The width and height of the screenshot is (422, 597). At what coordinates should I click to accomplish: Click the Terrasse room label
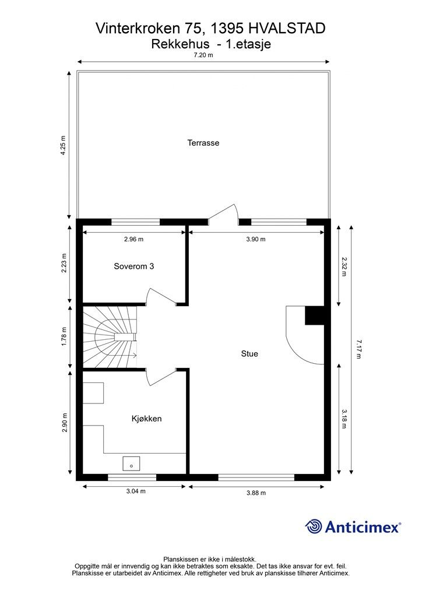pos(203,142)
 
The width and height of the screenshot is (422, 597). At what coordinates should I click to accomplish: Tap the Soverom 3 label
pos(133,266)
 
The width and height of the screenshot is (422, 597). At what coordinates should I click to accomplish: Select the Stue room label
pos(249,353)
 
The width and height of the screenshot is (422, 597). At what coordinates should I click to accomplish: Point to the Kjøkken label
pos(146,419)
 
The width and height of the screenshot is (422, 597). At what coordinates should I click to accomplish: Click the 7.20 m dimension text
pos(203,55)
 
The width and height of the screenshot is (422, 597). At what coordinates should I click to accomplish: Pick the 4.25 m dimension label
pos(64,144)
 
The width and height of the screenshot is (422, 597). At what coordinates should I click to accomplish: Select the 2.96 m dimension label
pos(133,239)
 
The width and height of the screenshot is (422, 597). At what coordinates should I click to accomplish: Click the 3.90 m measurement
pos(255,239)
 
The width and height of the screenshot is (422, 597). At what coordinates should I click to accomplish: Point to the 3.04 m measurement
pos(135,491)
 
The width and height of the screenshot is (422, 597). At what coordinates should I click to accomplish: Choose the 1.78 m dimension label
pos(64,337)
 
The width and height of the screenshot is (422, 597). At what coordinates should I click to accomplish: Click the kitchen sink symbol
pos(131,463)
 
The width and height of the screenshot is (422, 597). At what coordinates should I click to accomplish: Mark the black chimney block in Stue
pos(314,315)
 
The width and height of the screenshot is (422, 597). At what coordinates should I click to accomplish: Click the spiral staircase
pos(110,337)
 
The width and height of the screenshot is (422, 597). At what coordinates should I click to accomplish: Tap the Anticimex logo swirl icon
pos(314,527)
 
